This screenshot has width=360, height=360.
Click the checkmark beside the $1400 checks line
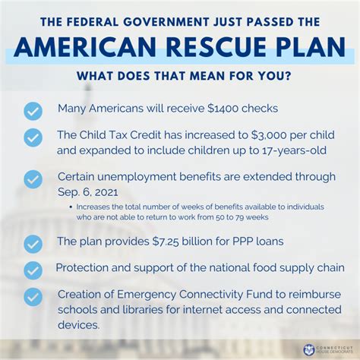pyautogui.click(x=33, y=110)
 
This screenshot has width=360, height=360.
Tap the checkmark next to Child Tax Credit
pyautogui.click(x=33, y=137)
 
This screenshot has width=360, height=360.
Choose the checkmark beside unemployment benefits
pyautogui.click(x=33, y=179)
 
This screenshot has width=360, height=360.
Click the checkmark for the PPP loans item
pyautogui.click(x=33, y=243)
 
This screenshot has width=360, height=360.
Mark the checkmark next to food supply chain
pyautogui.click(x=33, y=270)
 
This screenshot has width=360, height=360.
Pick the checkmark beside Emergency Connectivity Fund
pyautogui.click(x=33, y=297)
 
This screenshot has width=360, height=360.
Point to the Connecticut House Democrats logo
pyautogui.click(x=322, y=349)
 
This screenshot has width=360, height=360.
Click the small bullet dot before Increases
pyautogui.click(x=71, y=207)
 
